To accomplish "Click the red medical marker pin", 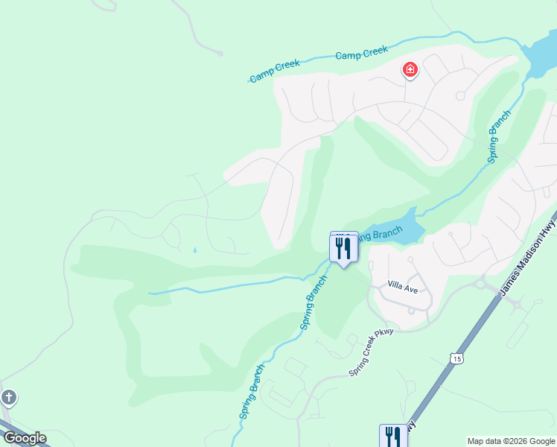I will [x=410, y=71].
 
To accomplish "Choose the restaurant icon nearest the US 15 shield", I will [x=392, y=436].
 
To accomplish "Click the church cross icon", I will [x=8, y=397].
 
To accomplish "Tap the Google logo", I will [x=25, y=438].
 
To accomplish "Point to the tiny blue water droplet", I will [x=195, y=250].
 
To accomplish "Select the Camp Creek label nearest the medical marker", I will [x=361, y=53].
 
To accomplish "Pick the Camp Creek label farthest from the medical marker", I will [x=274, y=71].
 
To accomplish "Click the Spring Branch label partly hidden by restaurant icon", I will [x=376, y=235].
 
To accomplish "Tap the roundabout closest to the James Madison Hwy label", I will [x=480, y=282].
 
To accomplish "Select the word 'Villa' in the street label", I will [x=395, y=285].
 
